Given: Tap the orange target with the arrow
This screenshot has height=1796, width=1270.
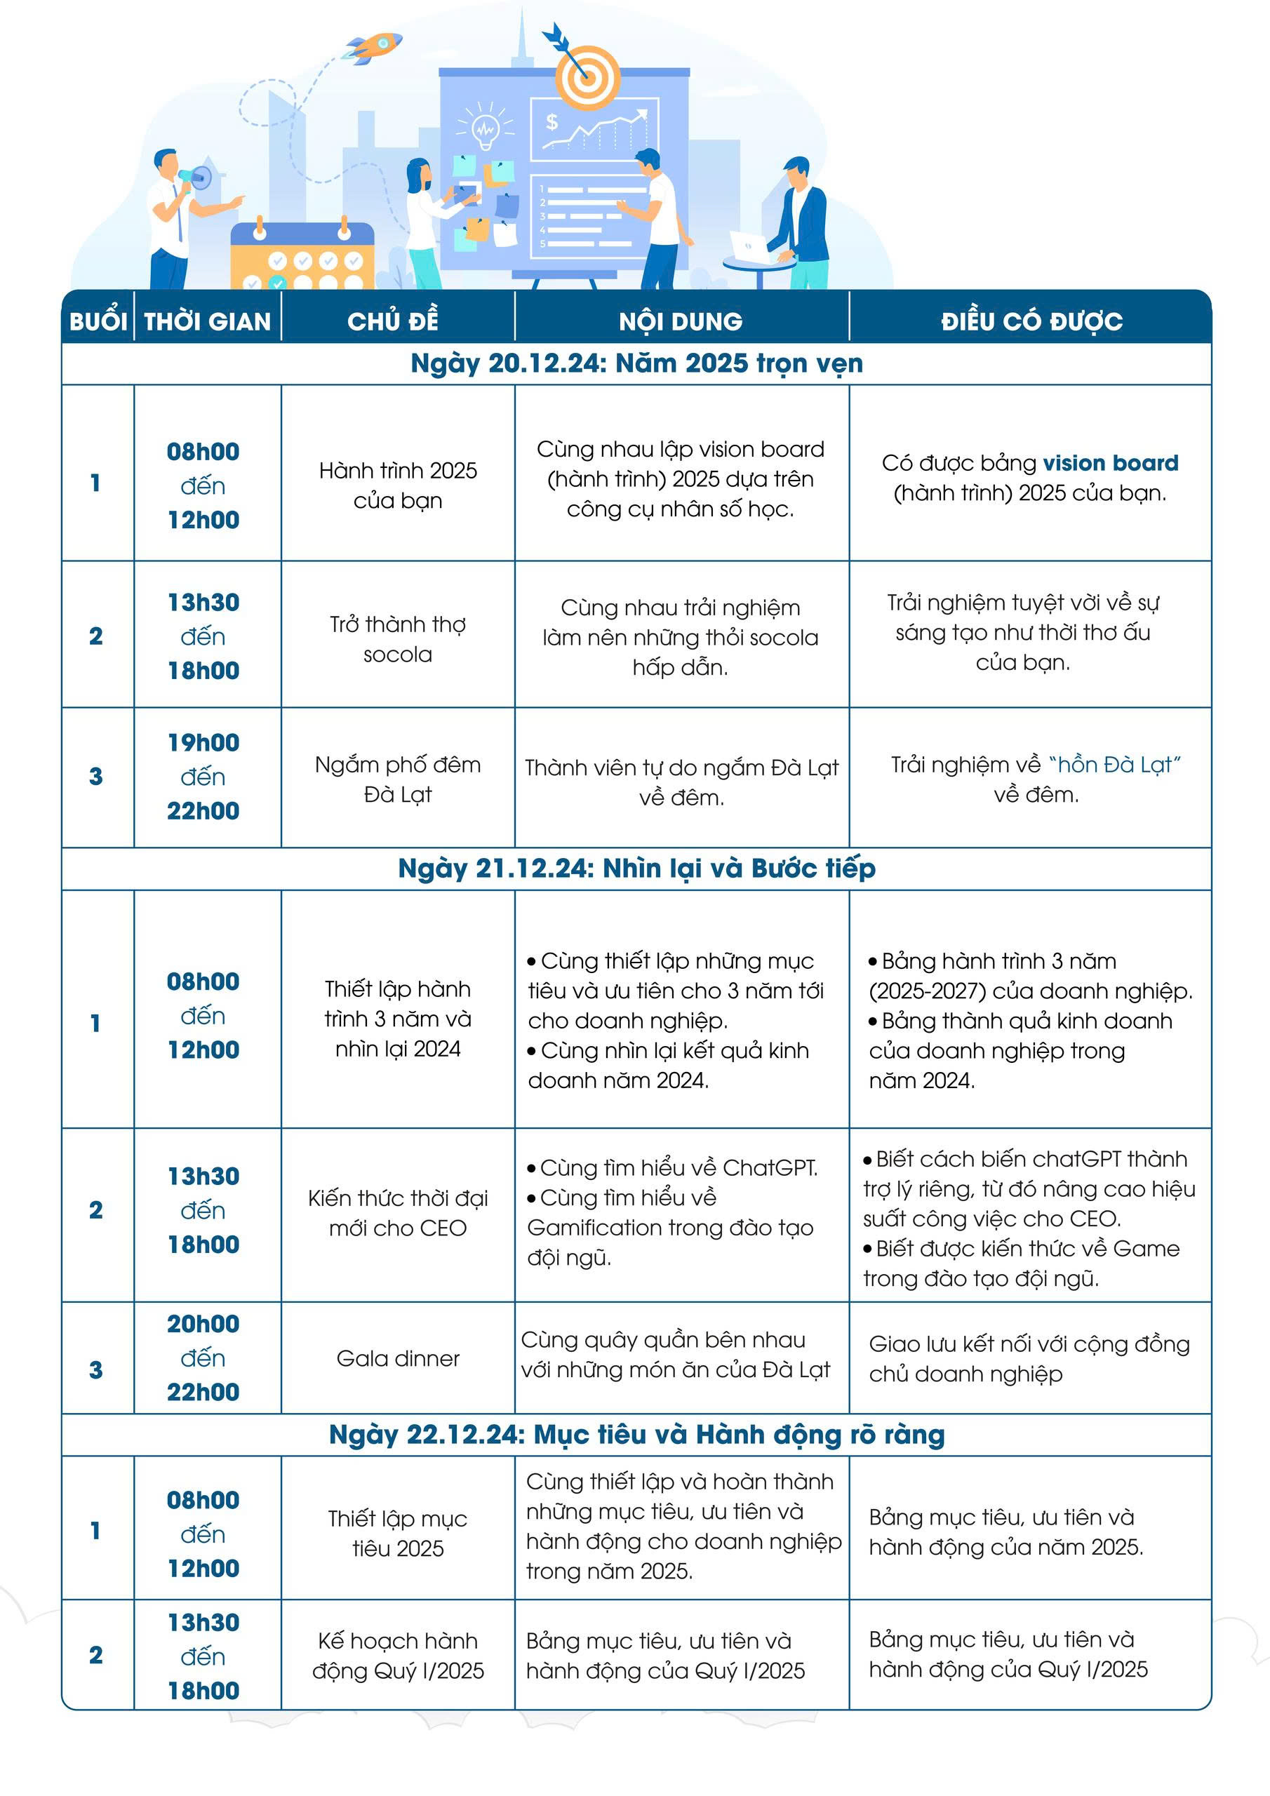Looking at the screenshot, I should point(587,76).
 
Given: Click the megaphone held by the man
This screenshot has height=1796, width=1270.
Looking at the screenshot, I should point(195,177).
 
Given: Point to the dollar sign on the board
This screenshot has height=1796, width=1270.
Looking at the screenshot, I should point(552,122).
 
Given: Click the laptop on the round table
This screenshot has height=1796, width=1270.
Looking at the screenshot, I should point(749,246).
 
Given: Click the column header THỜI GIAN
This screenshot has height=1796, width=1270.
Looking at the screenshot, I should point(208,321).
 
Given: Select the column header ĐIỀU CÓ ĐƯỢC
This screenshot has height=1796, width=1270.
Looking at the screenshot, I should point(1031,321).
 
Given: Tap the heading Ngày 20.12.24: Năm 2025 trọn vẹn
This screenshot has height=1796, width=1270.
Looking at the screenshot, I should point(636,363).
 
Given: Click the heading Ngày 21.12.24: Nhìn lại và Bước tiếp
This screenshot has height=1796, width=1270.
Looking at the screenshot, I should point(636,869).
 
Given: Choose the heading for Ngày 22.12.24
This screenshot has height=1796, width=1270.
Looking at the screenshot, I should point(636,1435).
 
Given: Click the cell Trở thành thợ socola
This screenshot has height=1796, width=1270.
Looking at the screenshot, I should point(398,639).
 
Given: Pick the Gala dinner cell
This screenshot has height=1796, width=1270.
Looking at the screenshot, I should point(398,1359).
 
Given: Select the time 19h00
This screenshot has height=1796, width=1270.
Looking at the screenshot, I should point(203,742).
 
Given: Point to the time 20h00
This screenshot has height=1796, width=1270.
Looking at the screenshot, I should point(203,1325).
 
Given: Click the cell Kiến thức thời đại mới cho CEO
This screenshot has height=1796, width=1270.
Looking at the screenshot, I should point(398,1213).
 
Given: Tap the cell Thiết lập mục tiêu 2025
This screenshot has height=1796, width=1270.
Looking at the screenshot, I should point(398,1533).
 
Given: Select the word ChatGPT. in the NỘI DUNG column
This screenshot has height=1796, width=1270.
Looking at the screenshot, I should point(770,1168).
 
